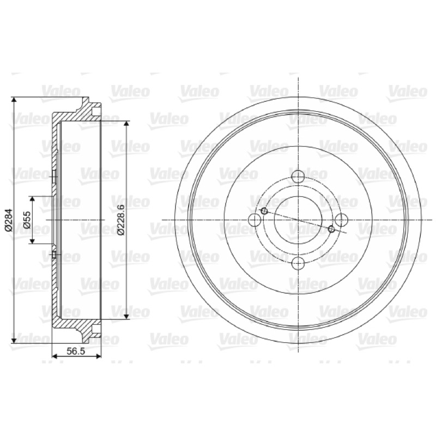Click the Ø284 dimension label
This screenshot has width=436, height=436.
pos(9,220)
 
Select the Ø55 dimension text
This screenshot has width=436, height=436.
pos(27,220)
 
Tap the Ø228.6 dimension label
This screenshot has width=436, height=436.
pos(121,220)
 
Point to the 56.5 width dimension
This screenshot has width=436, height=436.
pos(76,351)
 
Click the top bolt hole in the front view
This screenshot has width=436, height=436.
pos(298,176)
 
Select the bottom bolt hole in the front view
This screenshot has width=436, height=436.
pos(298,263)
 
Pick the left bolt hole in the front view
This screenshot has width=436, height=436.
pos(255,220)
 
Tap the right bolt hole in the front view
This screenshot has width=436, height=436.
pos(342,220)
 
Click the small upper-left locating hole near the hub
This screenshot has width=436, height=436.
pos(264,211)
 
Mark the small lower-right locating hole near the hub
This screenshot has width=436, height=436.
pos(331,229)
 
